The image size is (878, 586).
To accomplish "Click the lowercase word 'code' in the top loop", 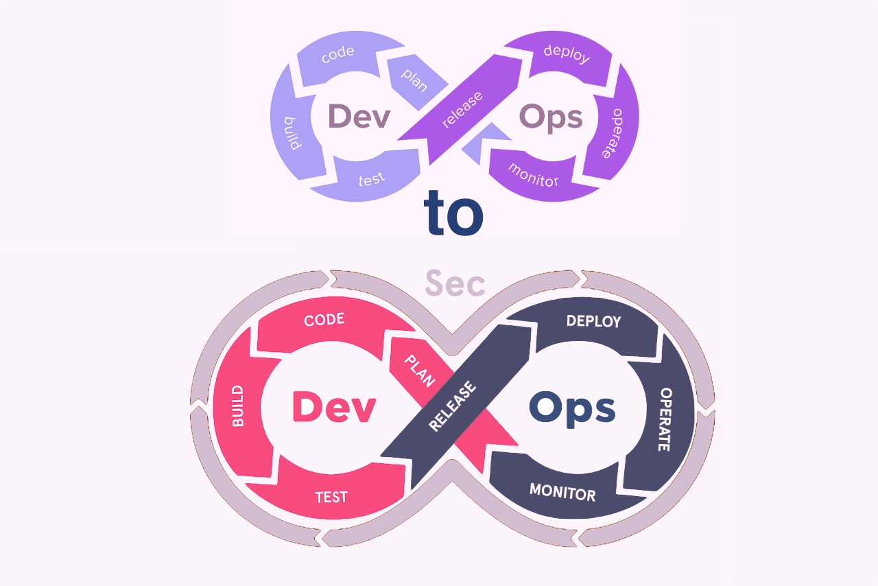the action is (338, 54).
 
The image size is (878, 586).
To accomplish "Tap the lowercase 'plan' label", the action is (414, 80).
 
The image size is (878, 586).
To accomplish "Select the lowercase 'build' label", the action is (292, 133).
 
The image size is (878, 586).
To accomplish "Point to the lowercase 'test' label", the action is (372, 179).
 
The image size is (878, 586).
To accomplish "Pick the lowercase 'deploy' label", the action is (567, 54).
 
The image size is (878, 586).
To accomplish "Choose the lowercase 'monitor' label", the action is (534, 176).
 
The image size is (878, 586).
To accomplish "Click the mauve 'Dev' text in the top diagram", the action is (359, 116).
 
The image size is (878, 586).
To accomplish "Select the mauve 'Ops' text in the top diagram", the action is (551, 117).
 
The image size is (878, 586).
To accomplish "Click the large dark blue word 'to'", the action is (453, 213).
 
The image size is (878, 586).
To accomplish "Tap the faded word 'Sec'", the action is (455, 283).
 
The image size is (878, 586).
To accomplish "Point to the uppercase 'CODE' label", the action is (324, 320).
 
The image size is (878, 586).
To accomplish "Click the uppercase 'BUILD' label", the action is (237, 406).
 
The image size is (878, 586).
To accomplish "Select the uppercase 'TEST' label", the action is (331, 497).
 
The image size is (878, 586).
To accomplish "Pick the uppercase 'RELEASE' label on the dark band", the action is (452, 406).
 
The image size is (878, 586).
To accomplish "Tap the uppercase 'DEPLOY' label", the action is (594, 321).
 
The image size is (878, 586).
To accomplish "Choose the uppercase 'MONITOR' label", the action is (562, 492).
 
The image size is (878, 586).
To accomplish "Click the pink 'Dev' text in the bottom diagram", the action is (334, 407).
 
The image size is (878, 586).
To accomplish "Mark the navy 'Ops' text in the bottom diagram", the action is (572, 409).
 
